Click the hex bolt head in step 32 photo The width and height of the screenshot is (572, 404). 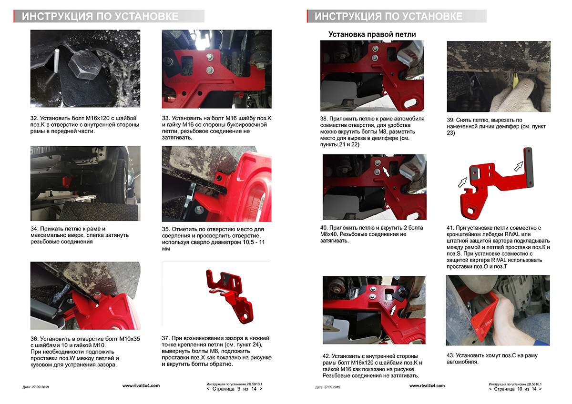pyautogui.click(x=85, y=65)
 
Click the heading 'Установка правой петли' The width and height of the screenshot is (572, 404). pyautogui.click(x=372, y=34)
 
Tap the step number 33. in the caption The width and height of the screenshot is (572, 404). pyautogui.click(x=166, y=119)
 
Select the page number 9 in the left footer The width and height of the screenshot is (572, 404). pyautogui.click(x=239, y=389)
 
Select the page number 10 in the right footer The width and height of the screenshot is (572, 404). pyautogui.click(x=520, y=389)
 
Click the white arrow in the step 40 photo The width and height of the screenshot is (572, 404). pyautogui.click(x=386, y=172)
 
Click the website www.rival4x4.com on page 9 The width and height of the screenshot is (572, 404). pyautogui.click(x=141, y=385)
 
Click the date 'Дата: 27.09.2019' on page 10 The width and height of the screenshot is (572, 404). pyautogui.click(x=327, y=387)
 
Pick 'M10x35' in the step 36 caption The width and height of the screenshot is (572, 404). pyautogui.click(x=130, y=339)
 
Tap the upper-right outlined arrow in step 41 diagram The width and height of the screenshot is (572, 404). pyautogui.click(x=519, y=166)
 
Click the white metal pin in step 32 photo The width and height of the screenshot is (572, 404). pyautogui.click(x=56, y=61)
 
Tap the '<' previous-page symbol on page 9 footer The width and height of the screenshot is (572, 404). pyautogui.click(x=208, y=389)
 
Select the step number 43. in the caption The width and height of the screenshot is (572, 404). pyautogui.click(x=451, y=355)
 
